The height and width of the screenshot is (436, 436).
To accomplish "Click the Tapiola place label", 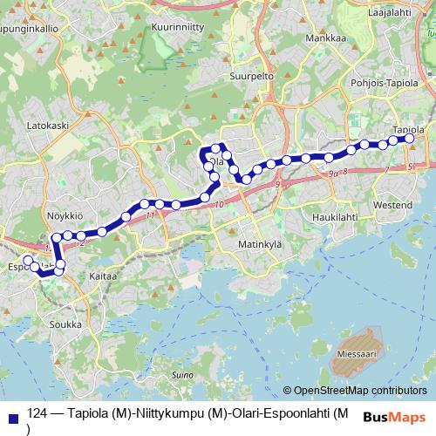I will pos(409,129).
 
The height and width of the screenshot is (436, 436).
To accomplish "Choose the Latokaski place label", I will pos(48,126).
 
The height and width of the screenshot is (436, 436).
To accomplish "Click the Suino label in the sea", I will pos(182,375).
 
